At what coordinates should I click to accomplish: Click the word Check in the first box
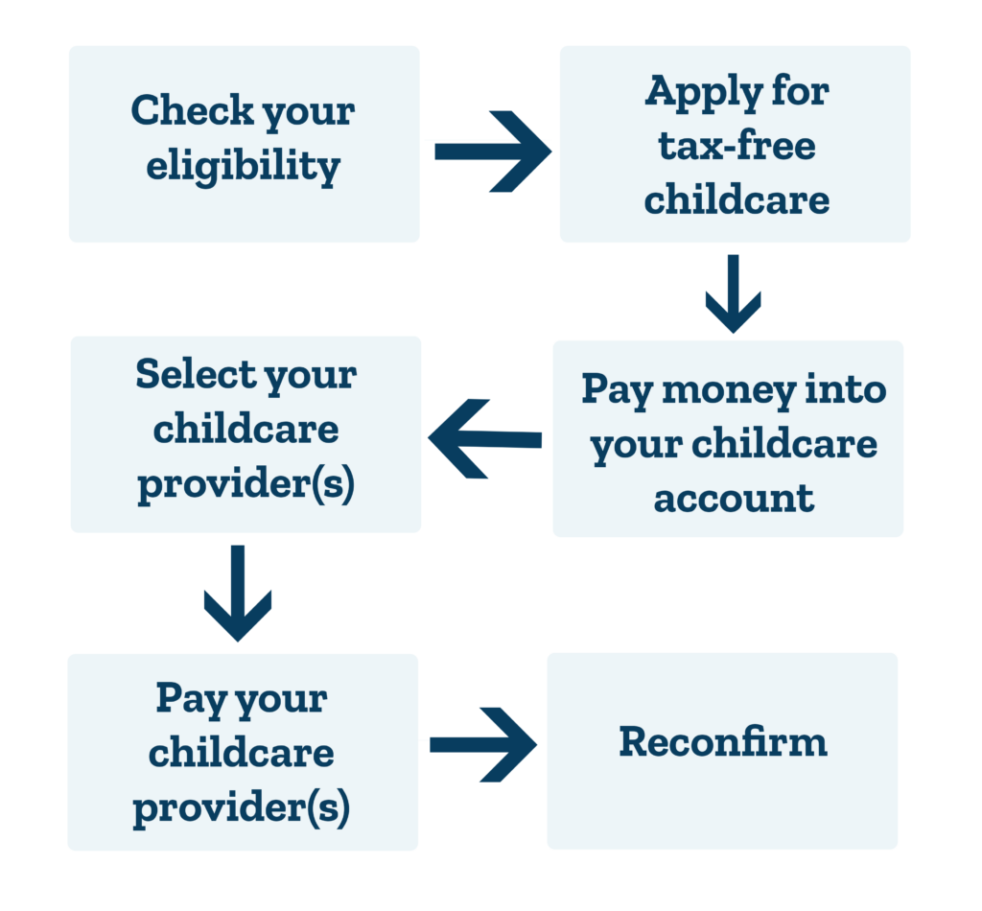[x=192, y=110]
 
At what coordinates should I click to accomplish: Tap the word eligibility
[x=243, y=166]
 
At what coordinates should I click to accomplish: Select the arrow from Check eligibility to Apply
[x=493, y=152]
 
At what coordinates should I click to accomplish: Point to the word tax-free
[x=737, y=145]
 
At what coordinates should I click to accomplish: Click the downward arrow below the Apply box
[x=733, y=293]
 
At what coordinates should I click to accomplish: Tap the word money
[x=729, y=390]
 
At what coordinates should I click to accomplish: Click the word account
[x=734, y=499]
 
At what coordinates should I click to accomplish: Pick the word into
[x=846, y=388]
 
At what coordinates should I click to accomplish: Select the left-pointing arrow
[x=484, y=439]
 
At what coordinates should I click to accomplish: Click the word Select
[x=196, y=374]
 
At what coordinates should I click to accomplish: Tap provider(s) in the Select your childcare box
[x=246, y=484]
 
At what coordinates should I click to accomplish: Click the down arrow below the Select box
[x=238, y=593]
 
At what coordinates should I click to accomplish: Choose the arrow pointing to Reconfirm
[x=483, y=744]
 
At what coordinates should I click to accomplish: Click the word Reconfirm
[x=723, y=742]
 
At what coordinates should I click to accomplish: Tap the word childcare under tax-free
[x=737, y=199]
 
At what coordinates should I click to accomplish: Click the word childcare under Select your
[x=246, y=429]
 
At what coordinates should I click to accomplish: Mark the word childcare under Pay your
[x=241, y=752]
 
